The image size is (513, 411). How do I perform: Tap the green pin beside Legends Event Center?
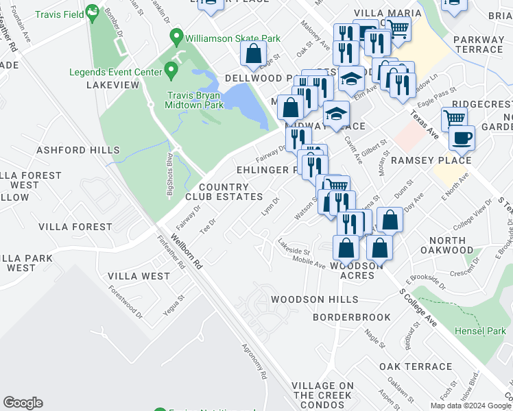pos(171,71)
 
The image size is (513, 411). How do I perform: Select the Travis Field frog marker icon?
pos(91,12)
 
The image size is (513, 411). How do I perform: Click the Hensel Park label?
pos(480,331)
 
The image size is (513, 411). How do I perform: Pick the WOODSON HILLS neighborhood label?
pos(314,299)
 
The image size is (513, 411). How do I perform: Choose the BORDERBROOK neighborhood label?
pos(351,317)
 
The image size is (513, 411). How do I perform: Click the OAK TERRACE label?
pos(415,366)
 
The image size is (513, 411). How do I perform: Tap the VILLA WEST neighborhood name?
pos(139,276)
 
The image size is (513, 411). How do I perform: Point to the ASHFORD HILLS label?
pos(68,150)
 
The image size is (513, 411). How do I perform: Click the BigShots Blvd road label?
pos(171,177)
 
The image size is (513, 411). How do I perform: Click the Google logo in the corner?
pos(23,402)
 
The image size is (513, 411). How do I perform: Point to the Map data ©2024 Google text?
pos(470,406)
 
